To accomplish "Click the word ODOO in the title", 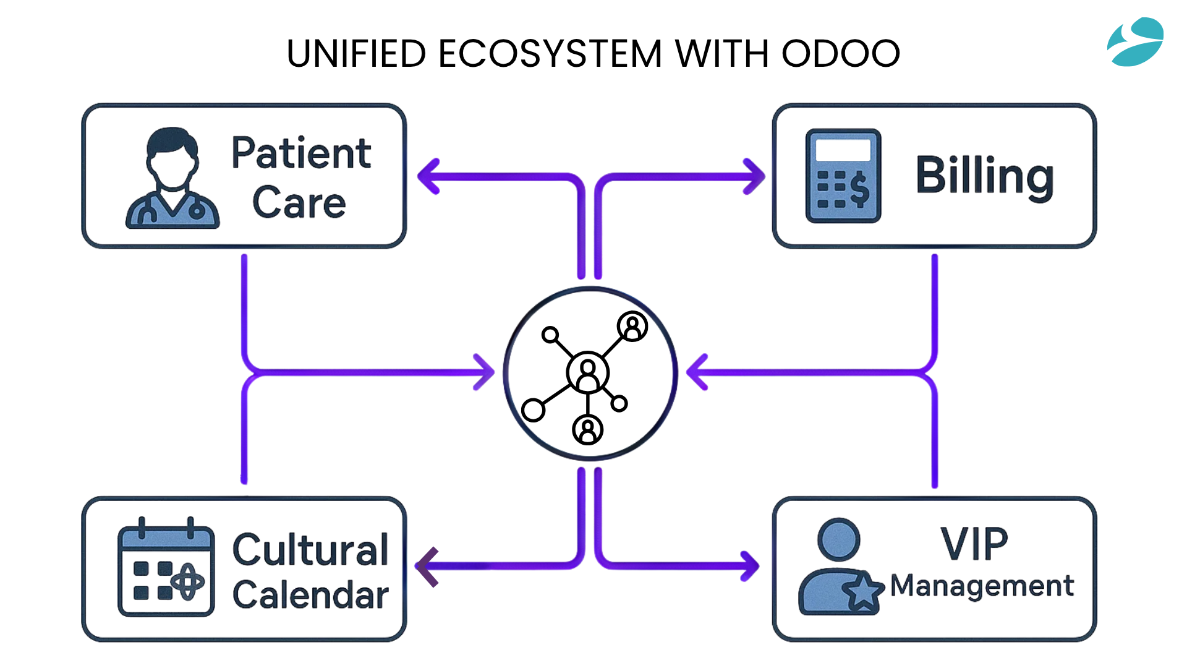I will (841, 54).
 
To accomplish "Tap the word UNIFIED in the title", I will (357, 54).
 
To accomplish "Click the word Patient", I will (301, 153).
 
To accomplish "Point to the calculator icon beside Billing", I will (843, 176).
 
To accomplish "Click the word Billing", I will (984, 176).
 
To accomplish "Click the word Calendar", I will (310, 595).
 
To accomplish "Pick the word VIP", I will (974, 544).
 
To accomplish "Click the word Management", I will (982, 586).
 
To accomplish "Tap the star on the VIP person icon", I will (863, 591).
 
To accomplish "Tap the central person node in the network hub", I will (587, 373).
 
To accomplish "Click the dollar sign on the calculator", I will (859, 188).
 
